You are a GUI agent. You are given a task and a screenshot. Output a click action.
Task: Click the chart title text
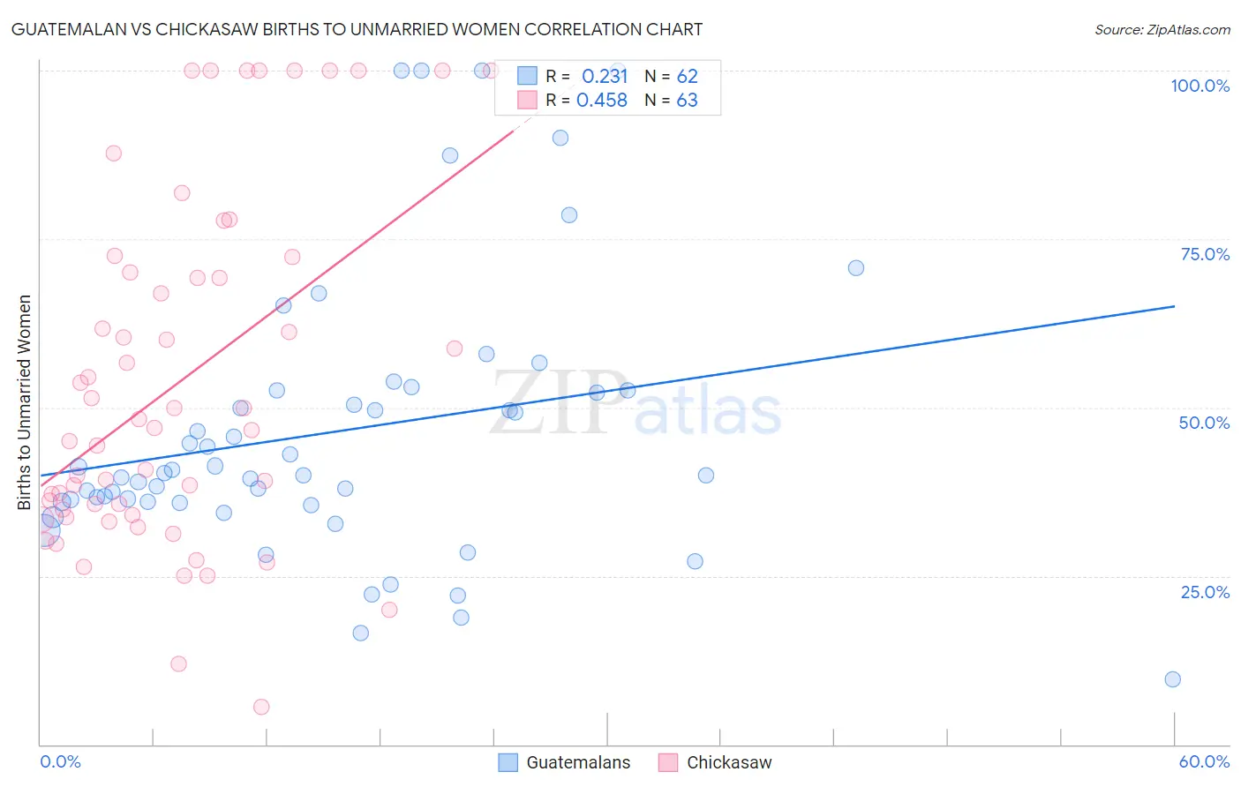(357, 29)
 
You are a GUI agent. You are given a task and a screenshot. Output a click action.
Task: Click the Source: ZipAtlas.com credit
(1162, 30)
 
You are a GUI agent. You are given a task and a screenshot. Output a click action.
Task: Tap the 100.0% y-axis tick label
(1200, 86)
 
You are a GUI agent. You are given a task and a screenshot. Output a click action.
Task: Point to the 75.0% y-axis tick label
(1205, 254)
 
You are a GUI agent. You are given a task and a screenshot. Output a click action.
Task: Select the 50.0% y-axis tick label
(1204, 423)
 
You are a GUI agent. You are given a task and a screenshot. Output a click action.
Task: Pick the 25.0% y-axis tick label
(1205, 591)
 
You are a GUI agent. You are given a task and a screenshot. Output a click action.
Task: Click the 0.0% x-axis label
(60, 761)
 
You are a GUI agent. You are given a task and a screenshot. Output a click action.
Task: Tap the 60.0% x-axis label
(1204, 761)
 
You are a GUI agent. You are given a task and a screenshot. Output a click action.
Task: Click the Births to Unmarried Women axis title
(25, 402)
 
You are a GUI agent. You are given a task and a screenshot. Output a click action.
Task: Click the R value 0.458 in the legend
(602, 101)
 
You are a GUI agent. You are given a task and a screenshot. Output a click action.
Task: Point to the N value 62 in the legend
(687, 76)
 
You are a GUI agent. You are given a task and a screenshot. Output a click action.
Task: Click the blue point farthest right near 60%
(1172, 679)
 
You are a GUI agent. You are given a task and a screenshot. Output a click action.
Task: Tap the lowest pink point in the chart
(261, 707)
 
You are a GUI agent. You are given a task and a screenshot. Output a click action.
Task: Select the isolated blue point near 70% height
(855, 268)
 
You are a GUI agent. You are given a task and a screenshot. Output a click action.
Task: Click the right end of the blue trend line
(1174, 306)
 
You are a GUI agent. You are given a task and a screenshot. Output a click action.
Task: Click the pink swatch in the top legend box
(527, 100)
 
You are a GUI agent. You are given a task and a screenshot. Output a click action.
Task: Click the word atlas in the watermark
(708, 411)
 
